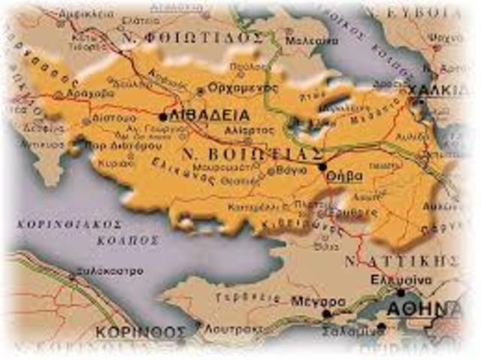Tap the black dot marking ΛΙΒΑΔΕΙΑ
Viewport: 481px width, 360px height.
coord(163,116)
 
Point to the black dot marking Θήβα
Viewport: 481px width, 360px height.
coord(322,167)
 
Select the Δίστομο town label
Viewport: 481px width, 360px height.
coord(115,119)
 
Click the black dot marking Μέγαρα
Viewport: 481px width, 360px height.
coord(326,313)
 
